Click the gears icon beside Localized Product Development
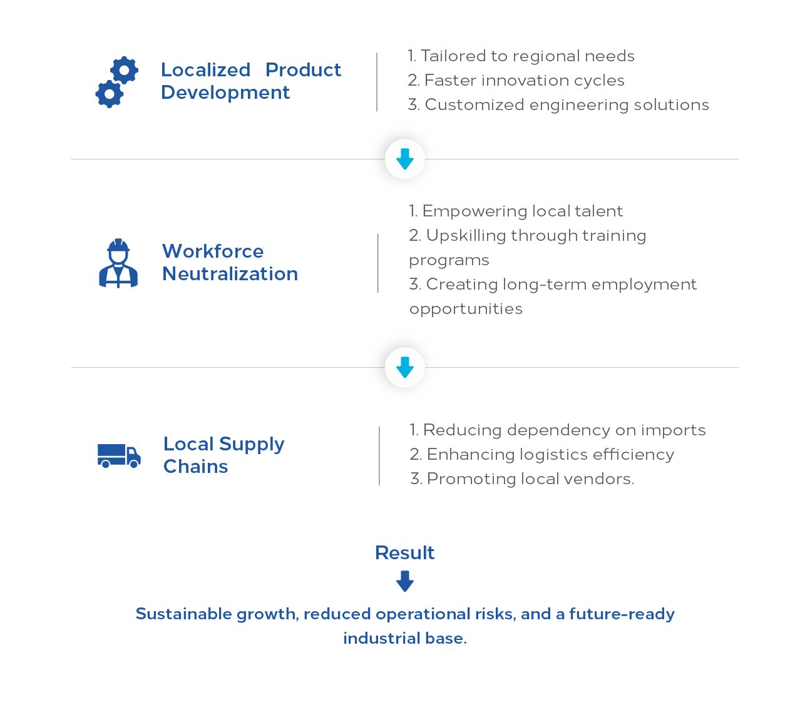[x=116, y=82]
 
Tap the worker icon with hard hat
[x=118, y=263]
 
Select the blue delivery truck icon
[x=119, y=455]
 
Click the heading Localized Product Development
[x=251, y=81]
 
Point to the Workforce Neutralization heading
[x=230, y=262]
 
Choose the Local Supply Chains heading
[x=223, y=455]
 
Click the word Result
[x=405, y=553]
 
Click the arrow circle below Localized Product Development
[x=402, y=158]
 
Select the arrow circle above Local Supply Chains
[x=402, y=367]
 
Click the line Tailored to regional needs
[x=521, y=56]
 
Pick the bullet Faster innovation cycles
[x=516, y=81]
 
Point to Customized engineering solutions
[x=558, y=105]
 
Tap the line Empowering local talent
[x=516, y=211]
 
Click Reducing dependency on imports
[x=558, y=430]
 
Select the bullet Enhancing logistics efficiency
[x=542, y=455]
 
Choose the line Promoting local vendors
[x=521, y=479]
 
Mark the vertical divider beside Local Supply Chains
[x=379, y=456]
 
